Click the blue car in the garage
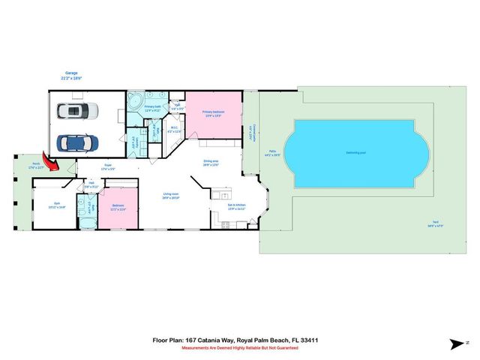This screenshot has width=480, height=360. click(76, 141)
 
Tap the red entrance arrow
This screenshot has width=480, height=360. click(52, 161)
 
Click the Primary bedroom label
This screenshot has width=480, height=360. click(214, 113)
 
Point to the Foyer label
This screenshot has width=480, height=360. click(108, 166)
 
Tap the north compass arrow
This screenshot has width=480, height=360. click(457, 343)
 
